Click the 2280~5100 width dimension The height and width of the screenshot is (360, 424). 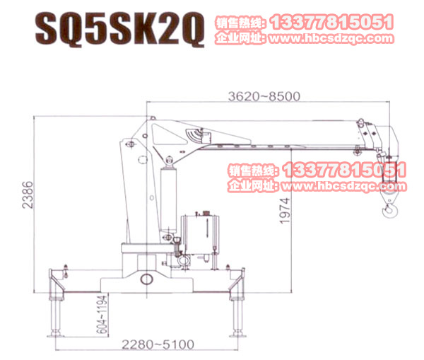tap(157, 344)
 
